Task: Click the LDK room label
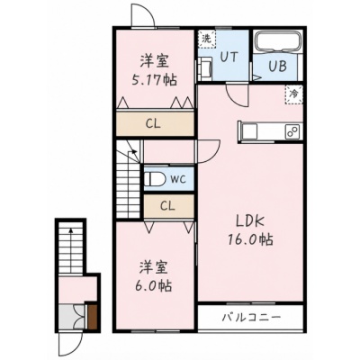tap(249, 222)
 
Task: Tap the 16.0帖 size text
tap(250, 239)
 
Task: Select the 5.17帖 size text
tap(155, 80)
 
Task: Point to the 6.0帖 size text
tap(153, 286)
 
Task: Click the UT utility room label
tap(229, 57)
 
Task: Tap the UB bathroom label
tap(277, 67)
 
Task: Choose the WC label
tap(178, 179)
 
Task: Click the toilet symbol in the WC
tap(155, 179)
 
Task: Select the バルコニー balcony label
tap(251, 317)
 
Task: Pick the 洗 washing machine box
tap(207, 39)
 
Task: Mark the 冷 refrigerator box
tap(293, 94)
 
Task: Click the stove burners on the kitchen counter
tap(293, 131)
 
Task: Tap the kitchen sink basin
tap(249, 131)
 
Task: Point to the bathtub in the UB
tap(277, 41)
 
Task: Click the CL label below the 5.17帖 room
tap(153, 123)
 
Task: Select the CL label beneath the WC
tap(167, 206)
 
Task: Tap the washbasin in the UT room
tap(205, 69)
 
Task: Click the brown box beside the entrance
tap(93, 317)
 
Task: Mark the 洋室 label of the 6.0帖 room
tap(153, 267)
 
